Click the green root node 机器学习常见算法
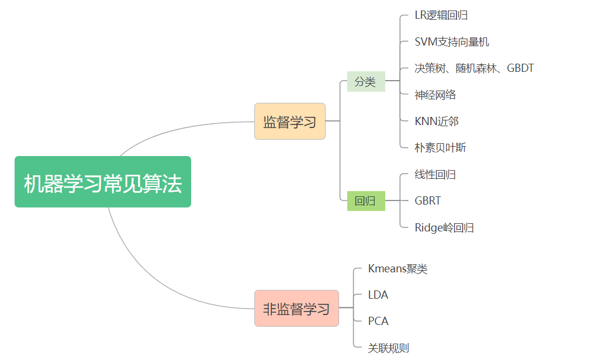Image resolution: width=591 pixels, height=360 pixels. (x=103, y=182)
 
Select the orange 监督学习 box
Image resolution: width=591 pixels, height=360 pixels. (x=289, y=121)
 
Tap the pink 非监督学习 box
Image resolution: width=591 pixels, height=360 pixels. (x=296, y=308)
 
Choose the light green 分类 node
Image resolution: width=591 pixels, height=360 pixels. (x=365, y=81)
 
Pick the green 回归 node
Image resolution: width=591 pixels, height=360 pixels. (x=365, y=201)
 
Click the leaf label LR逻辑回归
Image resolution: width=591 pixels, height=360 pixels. (x=441, y=15)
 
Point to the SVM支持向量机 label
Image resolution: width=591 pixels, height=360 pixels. (x=452, y=41)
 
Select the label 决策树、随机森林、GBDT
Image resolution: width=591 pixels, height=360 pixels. (x=474, y=68)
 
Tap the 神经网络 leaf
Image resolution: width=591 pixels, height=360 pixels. (x=436, y=95)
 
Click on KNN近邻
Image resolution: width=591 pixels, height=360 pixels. (x=437, y=121)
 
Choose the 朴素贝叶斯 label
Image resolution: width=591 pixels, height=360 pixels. (x=441, y=148)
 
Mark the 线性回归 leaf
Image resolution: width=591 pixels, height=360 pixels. (x=436, y=174)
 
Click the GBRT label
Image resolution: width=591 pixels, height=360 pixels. (x=428, y=200)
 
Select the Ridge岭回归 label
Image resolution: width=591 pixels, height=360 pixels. (x=444, y=227)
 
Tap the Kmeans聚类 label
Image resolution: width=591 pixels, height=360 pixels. (x=398, y=269)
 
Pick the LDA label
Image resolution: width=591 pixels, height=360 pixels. (x=378, y=295)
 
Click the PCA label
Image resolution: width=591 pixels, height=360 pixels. (x=378, y=321)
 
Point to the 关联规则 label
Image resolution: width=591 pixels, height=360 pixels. (x=389, y=348)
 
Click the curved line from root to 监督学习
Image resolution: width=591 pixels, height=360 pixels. (x=175, y=130)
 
